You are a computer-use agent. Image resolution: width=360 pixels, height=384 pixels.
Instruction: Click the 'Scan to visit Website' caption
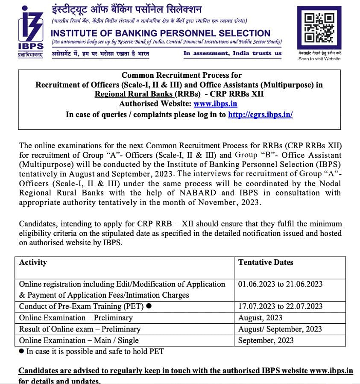319,59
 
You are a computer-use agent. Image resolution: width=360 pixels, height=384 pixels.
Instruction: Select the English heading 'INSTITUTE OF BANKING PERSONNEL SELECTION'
160,33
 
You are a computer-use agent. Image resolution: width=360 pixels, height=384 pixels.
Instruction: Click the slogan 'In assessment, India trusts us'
232,53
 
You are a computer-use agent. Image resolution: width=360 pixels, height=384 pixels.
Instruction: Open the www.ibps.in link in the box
215,103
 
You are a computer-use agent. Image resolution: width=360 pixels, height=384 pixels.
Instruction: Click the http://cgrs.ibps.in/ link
260,114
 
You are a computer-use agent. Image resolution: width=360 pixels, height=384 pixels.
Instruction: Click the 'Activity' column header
33,262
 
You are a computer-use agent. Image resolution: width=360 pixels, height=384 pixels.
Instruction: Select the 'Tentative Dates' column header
266,262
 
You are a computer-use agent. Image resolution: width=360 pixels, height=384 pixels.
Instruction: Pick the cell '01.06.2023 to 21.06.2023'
280,284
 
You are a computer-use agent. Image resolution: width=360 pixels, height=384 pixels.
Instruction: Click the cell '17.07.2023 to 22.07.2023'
280,306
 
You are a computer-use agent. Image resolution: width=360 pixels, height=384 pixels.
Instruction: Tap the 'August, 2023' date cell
260,318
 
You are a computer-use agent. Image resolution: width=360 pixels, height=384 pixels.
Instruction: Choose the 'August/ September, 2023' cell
280,329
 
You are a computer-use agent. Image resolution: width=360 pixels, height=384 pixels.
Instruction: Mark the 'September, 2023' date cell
266,340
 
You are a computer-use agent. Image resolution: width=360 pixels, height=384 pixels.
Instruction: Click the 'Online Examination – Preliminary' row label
76,318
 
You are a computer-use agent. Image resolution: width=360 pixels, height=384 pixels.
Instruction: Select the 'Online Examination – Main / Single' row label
79,340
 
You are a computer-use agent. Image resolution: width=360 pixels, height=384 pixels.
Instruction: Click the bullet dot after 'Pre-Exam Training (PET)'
149,306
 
